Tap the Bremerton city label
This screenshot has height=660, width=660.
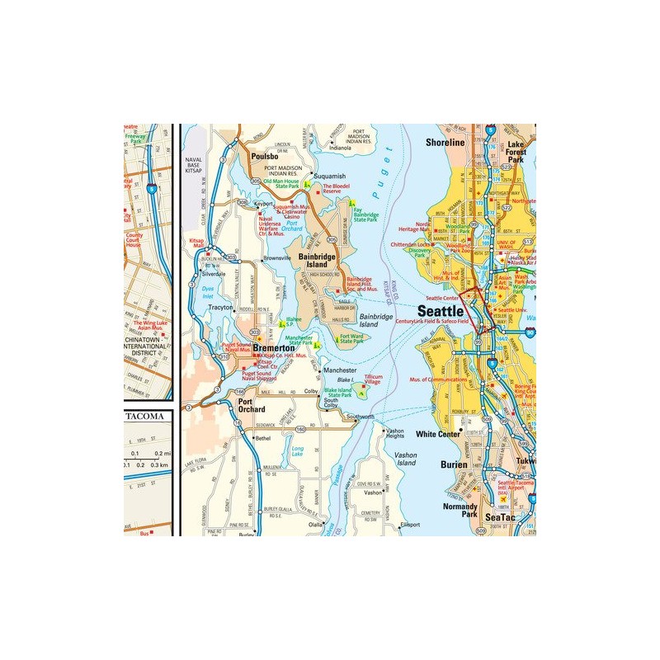pyautogui.click(x=268, y=350)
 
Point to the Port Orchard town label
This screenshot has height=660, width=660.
pyautogui.click(x=251, y=405)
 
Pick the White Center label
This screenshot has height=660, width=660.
pyautogui.click(x=439, y=434)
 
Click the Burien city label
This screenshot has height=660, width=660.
pyautogui.click(x=455, y=464)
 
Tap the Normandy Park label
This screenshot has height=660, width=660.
pyautogui.click(x=460, y=511)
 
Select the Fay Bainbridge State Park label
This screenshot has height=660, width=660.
pyautogui.click(x=365, y=215)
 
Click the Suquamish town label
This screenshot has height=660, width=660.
pyautogui.click(x=328, y=176)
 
